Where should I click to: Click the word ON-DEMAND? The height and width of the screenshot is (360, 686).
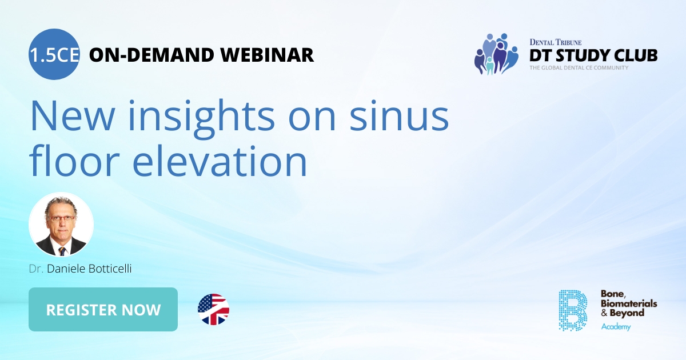click(151, 55)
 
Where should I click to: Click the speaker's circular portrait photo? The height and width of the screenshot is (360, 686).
click(61, 225)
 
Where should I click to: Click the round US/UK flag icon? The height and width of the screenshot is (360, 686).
click(213, 310)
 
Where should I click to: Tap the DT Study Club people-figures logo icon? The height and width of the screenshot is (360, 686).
click(495, 54)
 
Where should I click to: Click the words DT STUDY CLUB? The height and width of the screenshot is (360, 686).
click(593, 55)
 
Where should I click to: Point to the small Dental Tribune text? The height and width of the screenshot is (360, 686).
click(555, 42)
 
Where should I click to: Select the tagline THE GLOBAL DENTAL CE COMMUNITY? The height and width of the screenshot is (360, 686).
click(579, 68)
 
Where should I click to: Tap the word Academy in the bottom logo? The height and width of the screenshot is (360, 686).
click(615, 327)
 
